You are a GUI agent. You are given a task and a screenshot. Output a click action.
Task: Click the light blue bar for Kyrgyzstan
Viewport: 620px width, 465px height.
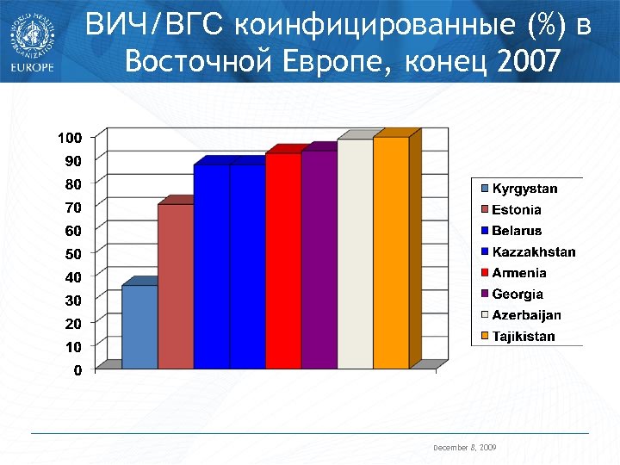pyautogui.click(x=139, y=327)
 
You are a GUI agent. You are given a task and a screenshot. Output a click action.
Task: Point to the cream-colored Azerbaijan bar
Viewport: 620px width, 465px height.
pyautogui.click(x=355, y=254)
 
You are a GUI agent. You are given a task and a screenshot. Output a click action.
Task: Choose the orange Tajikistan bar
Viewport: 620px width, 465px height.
pyautogui.click(x=391, y=253)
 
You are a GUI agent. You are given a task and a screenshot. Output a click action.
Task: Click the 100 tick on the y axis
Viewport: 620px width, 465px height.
pyautogui.click(x=70, y=138)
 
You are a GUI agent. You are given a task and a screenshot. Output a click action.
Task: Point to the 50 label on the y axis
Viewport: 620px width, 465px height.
pyautogui.click(x=73, y=254)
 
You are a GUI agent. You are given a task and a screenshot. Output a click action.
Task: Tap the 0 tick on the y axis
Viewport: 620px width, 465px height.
pyautogui.click(x=77, y=370)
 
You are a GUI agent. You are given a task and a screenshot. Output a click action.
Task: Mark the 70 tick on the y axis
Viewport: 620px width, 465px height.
pyautogui.click(x=73, y=208)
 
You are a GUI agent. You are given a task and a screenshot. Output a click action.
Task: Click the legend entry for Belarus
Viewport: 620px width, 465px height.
pyautogui.click(x=517, y=231)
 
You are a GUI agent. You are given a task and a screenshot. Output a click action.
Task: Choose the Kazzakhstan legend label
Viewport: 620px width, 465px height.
pyautogui.click(x=533, y=252)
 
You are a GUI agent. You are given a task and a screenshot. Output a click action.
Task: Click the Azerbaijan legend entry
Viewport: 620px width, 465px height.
pyautogui.click(x=526, y=315)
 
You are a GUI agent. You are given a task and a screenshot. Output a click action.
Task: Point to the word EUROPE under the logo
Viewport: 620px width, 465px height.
pyautogui.click(x=32, y=67)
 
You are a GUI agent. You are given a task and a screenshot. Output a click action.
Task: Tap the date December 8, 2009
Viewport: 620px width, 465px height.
pyautogui.click(x=464, y=449)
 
